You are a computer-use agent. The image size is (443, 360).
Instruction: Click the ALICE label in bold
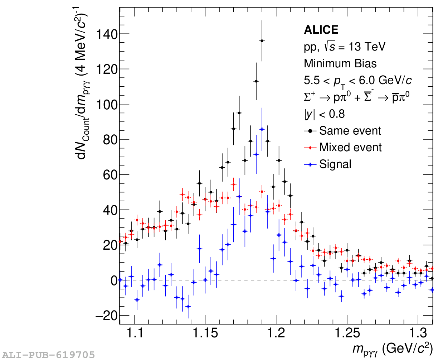click(321, 30)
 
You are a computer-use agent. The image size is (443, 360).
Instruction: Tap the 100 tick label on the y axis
click(107, 105)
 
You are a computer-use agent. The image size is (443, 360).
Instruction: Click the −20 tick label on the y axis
click(107, 316)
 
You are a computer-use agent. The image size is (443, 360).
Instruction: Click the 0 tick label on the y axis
click(114, 280)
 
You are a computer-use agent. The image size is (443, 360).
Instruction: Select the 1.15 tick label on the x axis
click(205, 333)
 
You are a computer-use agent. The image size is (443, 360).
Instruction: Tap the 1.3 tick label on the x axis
click(418, 333)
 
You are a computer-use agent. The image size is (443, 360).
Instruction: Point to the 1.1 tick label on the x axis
click(135, 333)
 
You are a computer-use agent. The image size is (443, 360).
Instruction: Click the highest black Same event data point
click(262, 41)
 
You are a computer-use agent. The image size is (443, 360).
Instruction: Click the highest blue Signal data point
click(262, 129)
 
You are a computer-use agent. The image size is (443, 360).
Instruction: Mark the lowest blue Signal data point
click(188, 307)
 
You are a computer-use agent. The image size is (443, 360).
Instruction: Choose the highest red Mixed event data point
click(234, 184)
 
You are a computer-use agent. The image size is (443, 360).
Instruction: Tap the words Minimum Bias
click(340, 63)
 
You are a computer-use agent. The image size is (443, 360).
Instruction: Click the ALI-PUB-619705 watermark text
click(48, 355)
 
